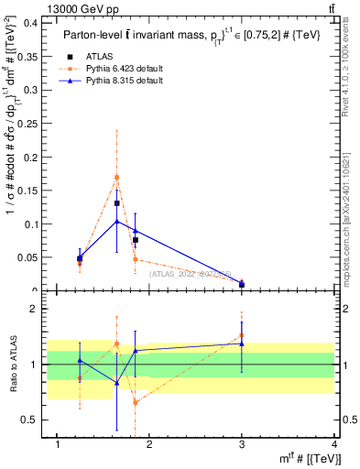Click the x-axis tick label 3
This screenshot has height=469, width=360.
click(x=242, y=444)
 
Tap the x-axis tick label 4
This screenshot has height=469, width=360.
click(x=334, y=444)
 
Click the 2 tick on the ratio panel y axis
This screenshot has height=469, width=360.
click(x=34, y=309)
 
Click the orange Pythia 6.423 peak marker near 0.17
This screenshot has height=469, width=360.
click(x=117, y=178)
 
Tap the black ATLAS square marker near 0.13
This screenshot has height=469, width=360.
click(x=117, y=203)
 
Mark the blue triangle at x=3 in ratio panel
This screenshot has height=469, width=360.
click(x=242, y=344)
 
